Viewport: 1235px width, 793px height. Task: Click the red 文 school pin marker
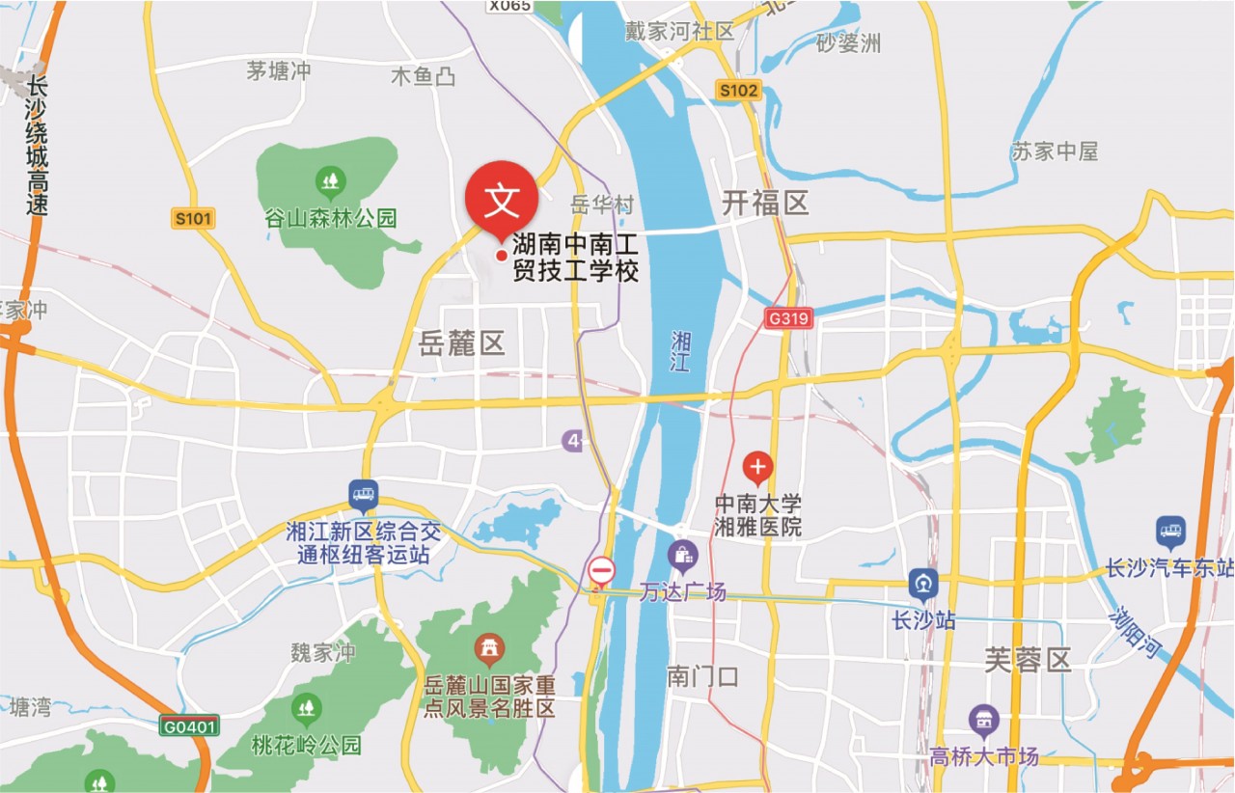click(x=501, y=199)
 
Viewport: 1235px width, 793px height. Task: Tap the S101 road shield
click(x=193, y=219)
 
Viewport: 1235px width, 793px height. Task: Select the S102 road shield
click(x=739, y=91)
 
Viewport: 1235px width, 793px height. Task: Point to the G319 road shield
click(x=788, y=317)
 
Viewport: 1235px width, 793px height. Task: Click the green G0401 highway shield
click(x=190, y=725)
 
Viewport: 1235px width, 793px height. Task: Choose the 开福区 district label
click(x=765, y=203)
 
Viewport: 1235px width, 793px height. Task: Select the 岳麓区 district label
click(x=463, y=342)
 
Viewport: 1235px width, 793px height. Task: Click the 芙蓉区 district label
click(x=1028, y=661)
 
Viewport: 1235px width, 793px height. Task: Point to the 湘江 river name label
click(x=682, y=352)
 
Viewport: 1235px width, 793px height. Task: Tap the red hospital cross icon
click(x=757, y=469)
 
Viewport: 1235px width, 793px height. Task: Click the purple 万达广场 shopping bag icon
click(x=682, y=557)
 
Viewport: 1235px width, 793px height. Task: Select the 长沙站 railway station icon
click(x=923, y=584)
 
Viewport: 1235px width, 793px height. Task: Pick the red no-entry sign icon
click(x=602, y=571)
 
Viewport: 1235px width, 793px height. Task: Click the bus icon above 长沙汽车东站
click(x=1170, y=532)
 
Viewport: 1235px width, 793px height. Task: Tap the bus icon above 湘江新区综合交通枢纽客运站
click(x=363, y=496)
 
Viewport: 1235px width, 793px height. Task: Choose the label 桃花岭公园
click(x=307, y=745)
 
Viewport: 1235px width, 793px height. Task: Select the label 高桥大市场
click(x=984, y=756)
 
